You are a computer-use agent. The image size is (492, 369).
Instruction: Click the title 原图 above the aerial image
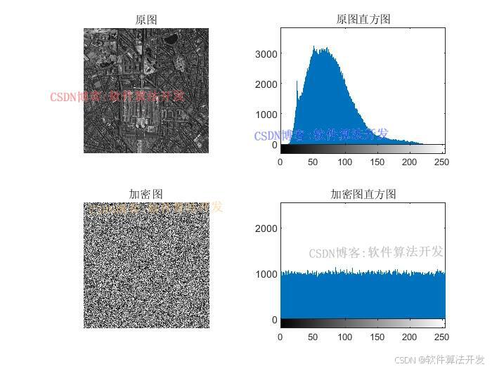point(146,20)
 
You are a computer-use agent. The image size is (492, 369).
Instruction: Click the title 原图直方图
point(363,20)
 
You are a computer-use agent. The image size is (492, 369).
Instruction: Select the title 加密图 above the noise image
point(146,193)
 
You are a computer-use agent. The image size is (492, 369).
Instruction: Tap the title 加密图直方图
point(363,194)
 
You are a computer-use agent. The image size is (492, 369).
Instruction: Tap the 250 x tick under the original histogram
point(441,162)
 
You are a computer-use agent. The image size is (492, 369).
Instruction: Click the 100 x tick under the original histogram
point(344,162)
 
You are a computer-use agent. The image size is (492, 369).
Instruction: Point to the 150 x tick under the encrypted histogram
point(377,337)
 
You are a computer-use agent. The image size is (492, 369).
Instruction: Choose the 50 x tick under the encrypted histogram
point(312,337)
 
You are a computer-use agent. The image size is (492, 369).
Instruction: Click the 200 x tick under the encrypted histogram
point(409,337)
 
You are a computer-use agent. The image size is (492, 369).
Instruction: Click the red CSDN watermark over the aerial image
point(117,96)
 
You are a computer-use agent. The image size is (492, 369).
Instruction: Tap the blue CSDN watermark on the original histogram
point(321,134)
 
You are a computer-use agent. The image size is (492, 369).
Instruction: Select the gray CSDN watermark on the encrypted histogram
point(376,252)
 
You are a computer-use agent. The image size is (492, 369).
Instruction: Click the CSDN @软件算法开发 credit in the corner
point(439,359)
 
